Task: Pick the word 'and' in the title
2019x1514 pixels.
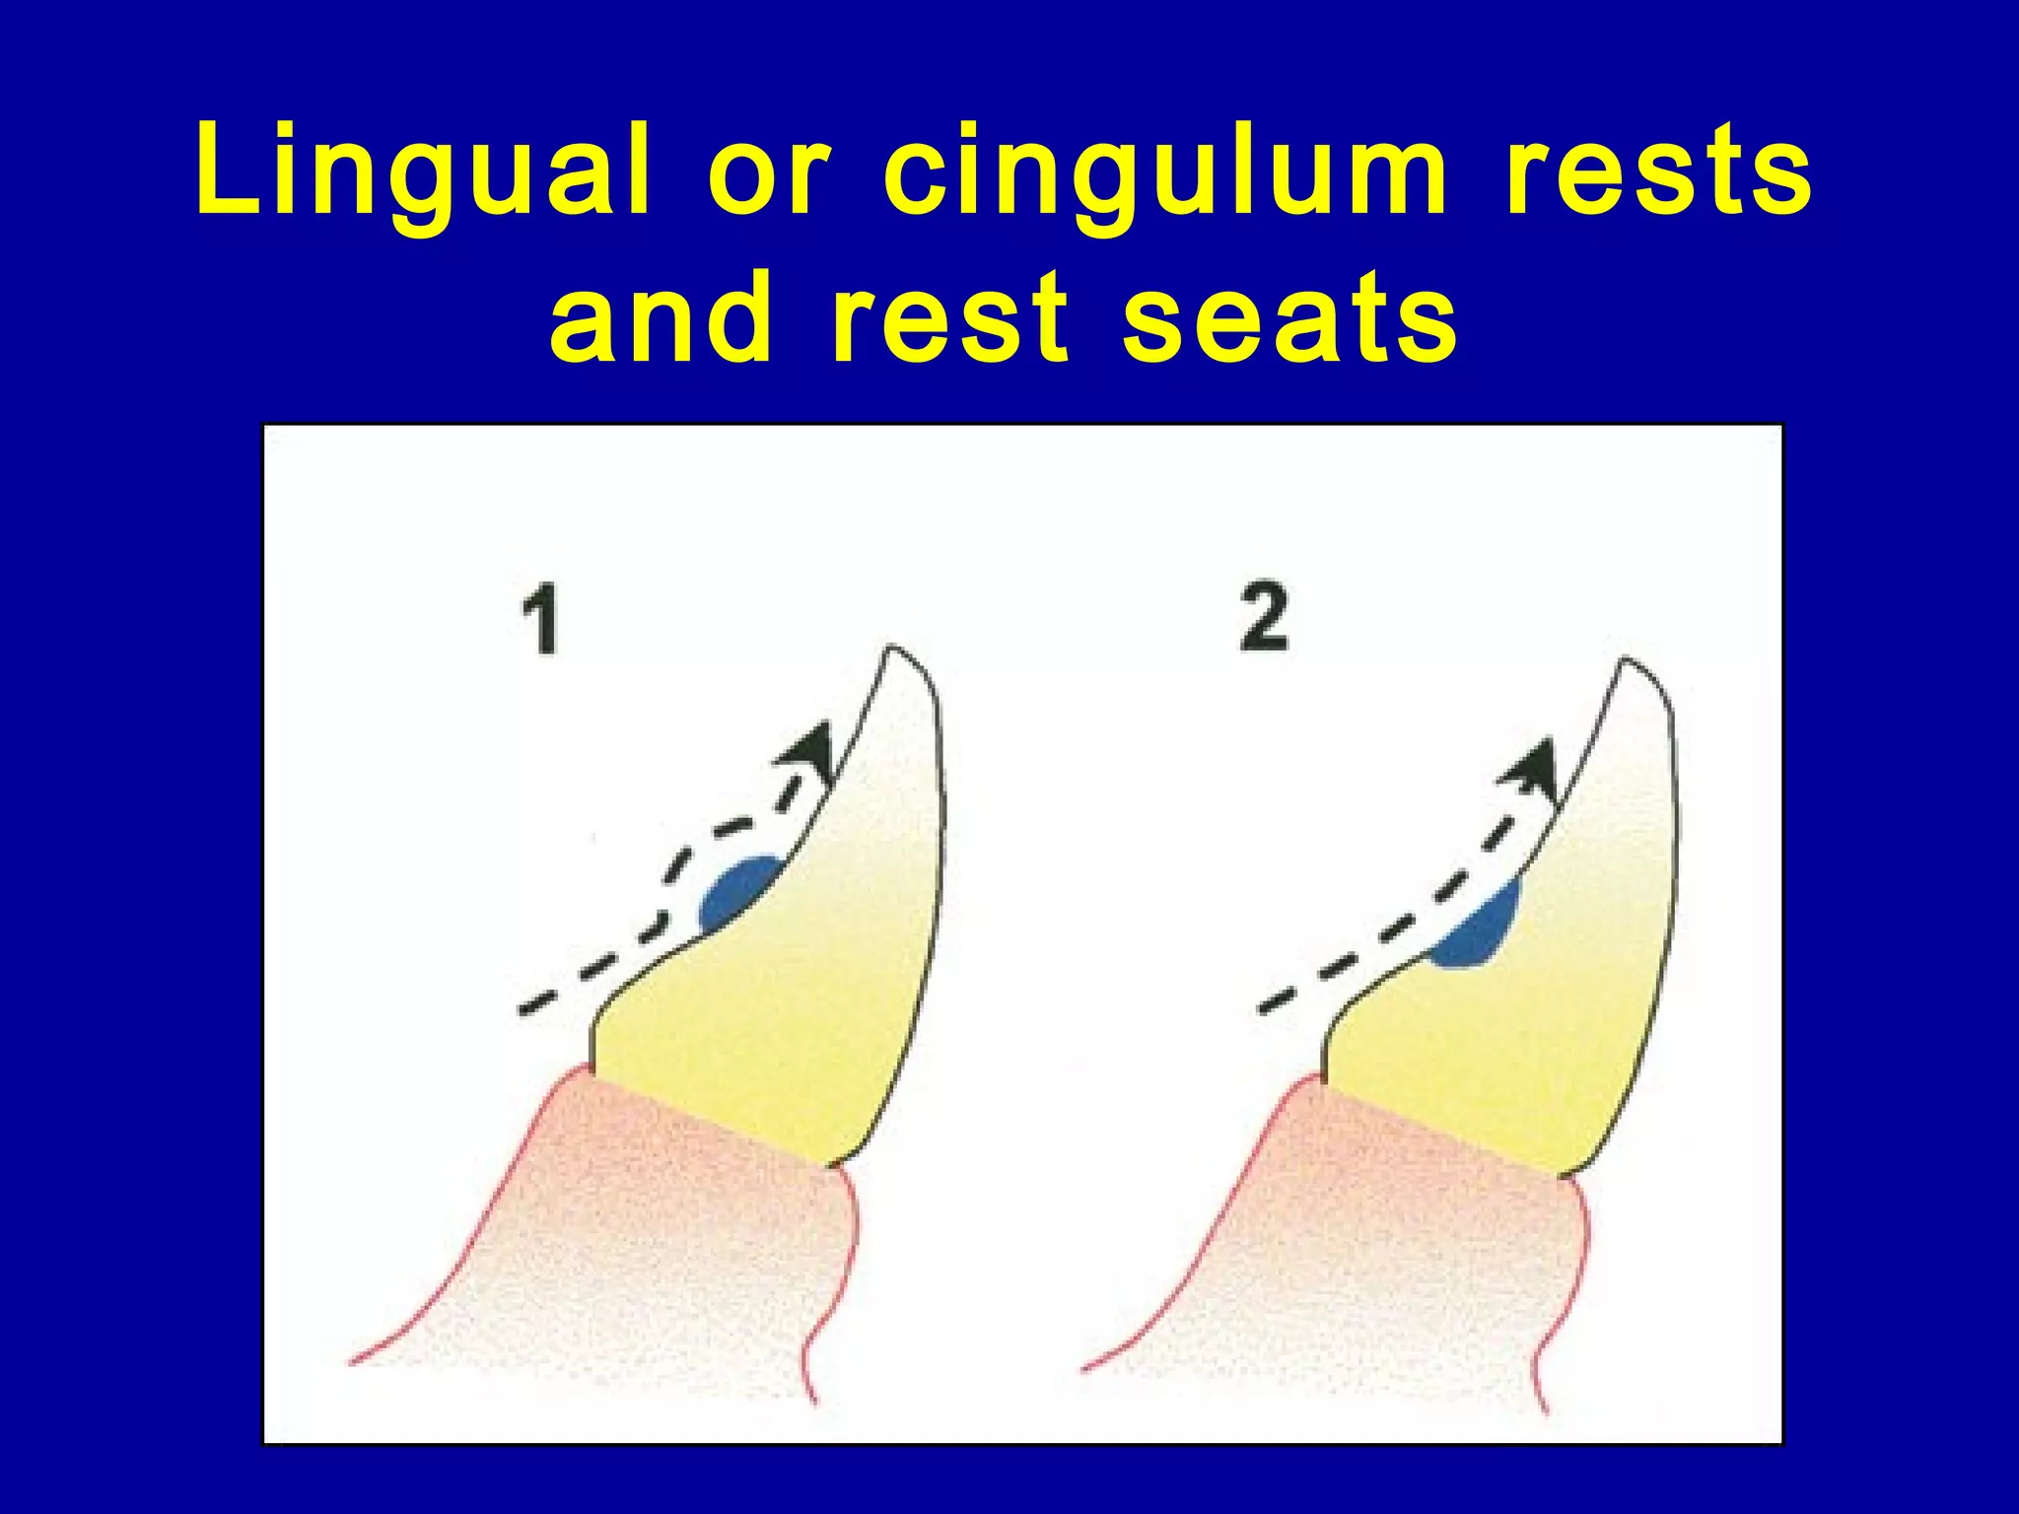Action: point(661,317)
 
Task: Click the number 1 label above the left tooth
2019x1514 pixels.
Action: point(539,619)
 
